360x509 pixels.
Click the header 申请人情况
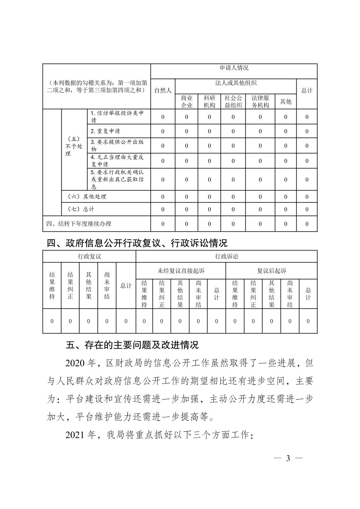234,68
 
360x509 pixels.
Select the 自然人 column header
163,90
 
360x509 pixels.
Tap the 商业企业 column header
186,101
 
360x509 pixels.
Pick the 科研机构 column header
209,101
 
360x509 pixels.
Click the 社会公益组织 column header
233,101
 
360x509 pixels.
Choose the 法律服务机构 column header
260,101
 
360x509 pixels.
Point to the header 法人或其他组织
236,83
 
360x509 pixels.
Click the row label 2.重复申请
105,131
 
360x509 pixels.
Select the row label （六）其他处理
87,197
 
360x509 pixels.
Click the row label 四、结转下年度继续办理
79,224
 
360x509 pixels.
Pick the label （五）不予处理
74,146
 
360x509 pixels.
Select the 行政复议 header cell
89,257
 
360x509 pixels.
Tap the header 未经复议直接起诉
181,271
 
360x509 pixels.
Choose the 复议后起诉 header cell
272,271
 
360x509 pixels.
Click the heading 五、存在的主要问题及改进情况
132,345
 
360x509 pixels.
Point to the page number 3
288,458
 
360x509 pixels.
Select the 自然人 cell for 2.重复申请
163,131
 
